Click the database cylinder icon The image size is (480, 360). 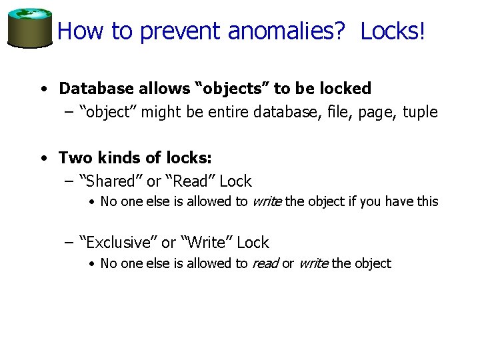[x=29, y=27]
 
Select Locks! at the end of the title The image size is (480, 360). [x=392, y=31]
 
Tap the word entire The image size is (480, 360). [x=227, y=112]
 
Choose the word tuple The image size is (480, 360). [x=420, y=112]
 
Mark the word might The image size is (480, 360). [x=161, y=112]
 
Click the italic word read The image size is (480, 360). [x=265, y=264]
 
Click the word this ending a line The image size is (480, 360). [x=427, y=201]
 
